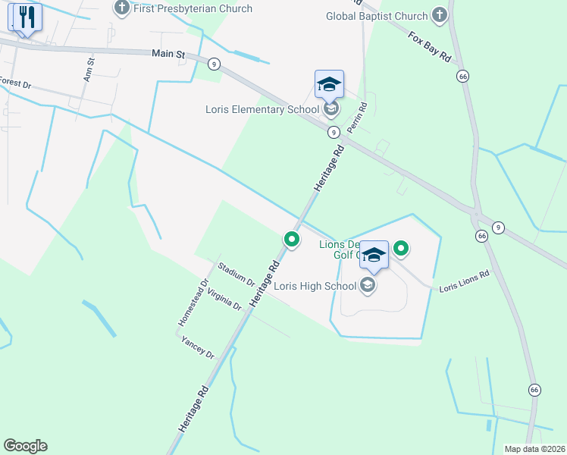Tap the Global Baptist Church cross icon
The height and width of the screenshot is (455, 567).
pyautogui.click(x=440, y=15)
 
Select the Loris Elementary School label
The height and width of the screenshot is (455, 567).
pyautogui.click(x=262, y=109)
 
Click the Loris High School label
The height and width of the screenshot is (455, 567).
pyautogui.click(x=315, y=286)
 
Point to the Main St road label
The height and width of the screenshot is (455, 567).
pyautogui.click(x=168, y=54)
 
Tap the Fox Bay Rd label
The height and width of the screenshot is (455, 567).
pyautogui.click(x=429, y=48)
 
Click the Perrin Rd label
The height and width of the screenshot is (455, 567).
pyautogui.click(x=357, y=118)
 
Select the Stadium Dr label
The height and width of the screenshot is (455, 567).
pyautogui.click(x=236, y=275)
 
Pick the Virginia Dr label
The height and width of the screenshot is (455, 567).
pyautogui.click(x=224, y=300)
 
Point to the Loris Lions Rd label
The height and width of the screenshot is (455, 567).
pyautogui.click(x=464, y=281)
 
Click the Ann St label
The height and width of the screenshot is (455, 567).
pyautogui.click(x=89, y=69)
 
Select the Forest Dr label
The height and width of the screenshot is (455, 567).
pyautogui.click(x=15, y=83)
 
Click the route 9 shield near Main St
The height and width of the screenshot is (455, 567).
pyautogui.click(x=215, y=64)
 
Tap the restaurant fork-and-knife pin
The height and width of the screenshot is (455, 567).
pyautogui.click(x=27, y=17)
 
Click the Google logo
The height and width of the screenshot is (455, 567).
pyautogui.click(x=25, y=446)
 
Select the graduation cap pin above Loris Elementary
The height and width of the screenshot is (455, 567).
pyautogui.click(x=329, y=84)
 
